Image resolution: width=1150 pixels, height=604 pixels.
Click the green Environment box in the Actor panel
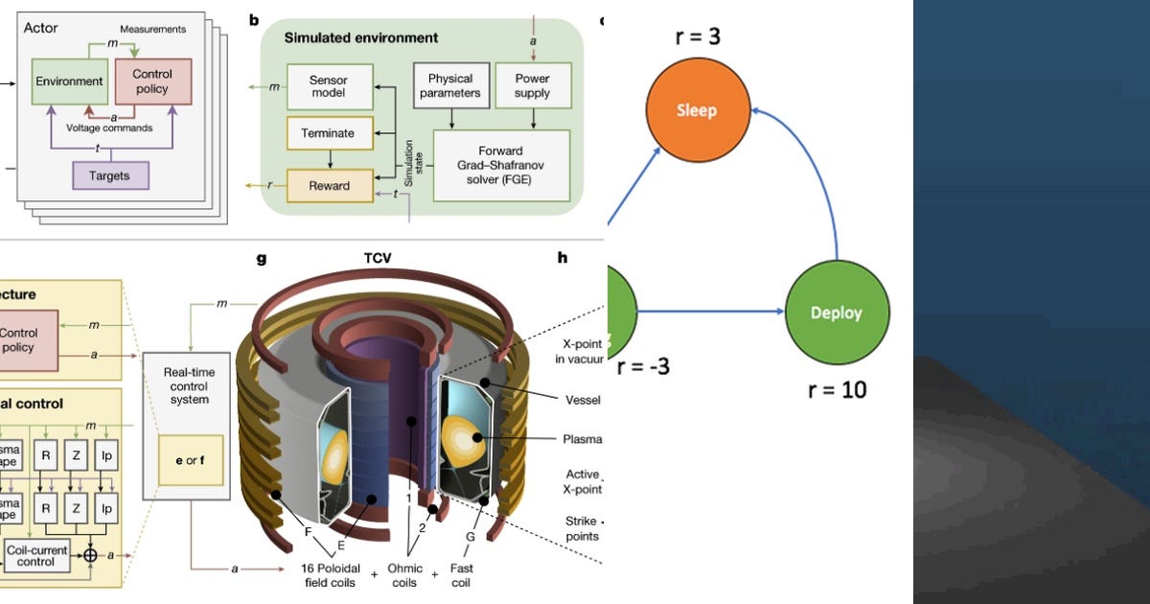[x=69, y=82]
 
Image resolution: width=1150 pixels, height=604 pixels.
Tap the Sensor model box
[x=329, y=84]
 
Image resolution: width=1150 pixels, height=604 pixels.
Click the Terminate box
[x=329, y=134]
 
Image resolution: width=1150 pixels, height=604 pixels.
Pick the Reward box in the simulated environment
[x=329, y=186]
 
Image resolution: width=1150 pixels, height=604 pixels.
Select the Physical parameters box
[x=451, y=85]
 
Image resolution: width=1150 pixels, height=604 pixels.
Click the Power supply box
[x=532, y=85]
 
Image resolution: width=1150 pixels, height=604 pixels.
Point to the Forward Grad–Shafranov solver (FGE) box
[x=501, y=166]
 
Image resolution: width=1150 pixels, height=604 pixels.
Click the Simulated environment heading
[x=361, y=38]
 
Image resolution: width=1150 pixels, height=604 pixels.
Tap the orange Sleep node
[x=697, y=109]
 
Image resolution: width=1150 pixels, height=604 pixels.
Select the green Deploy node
[x=837, y=313]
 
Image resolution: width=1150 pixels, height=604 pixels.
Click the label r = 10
[x=837, y=389]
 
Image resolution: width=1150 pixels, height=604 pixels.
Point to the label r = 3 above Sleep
[x=696, y=37]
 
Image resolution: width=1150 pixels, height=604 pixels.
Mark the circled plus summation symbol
[x=90, y=555]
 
